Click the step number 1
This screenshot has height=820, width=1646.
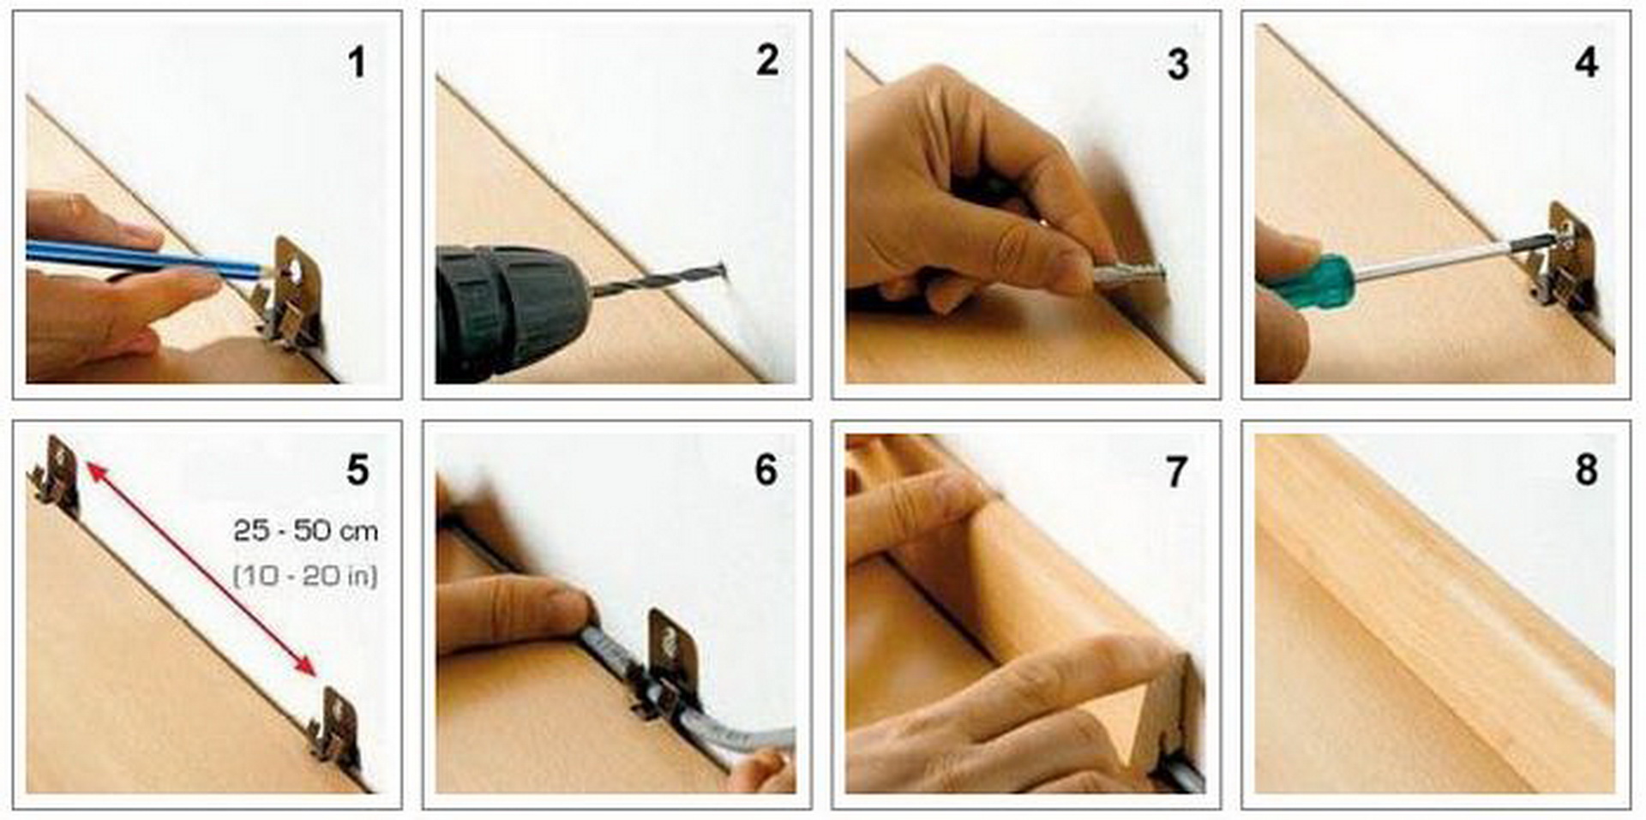pos(357,63)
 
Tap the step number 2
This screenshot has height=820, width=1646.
pos(767,61)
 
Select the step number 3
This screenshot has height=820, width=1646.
pos(1178,65)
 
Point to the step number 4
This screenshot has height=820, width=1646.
pos(1586,63)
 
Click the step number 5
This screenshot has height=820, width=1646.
pos(357,470)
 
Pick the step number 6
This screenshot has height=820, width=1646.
pos(766,470)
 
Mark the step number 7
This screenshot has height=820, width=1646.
pos(1176,472)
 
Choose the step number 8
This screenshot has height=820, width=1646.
pos(1586,470)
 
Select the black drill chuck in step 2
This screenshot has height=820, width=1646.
pos(511,314)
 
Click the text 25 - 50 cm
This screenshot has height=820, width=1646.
pos(305,531)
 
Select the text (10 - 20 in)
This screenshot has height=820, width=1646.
pos(305,575)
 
